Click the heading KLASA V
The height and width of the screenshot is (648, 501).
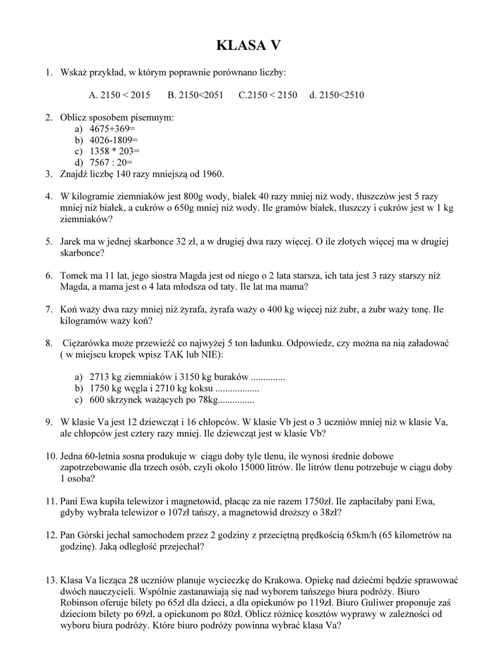coord(248,46)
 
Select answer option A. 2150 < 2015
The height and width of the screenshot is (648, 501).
coord(120,96)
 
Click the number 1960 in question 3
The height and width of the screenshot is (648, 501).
coord(210,174)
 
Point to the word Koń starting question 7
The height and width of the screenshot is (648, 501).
coord(69,309)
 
